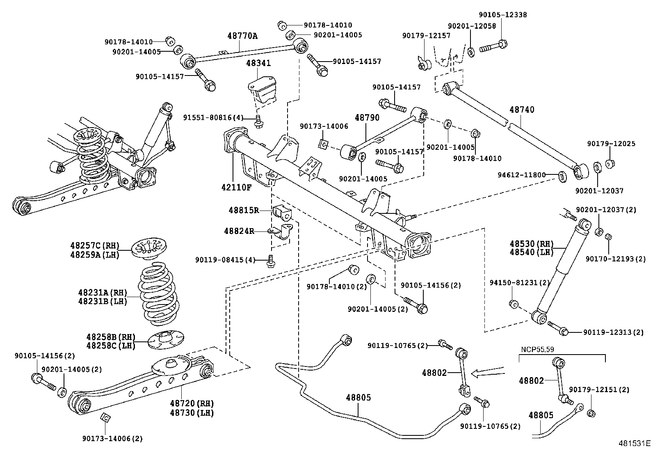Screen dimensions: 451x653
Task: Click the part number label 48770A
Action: tap(242, 36)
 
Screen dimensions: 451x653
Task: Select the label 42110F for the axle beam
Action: tap(236, 187)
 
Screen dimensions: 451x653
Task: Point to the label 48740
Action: tap(522, 110)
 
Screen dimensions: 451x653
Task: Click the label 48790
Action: tap(367, 118)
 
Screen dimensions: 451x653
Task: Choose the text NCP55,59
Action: tap(537, 350)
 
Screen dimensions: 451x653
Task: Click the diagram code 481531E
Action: tap(635, 443)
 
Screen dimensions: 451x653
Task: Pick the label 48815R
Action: tap(244, 211)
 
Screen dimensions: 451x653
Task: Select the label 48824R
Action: tap(239, 231)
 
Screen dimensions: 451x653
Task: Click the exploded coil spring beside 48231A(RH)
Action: tap(158, 295)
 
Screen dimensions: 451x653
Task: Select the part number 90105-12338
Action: tap(502, 15)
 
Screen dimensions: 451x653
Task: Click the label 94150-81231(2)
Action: tap(519, 283)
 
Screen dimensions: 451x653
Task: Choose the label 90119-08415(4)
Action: tap(225, 260)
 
